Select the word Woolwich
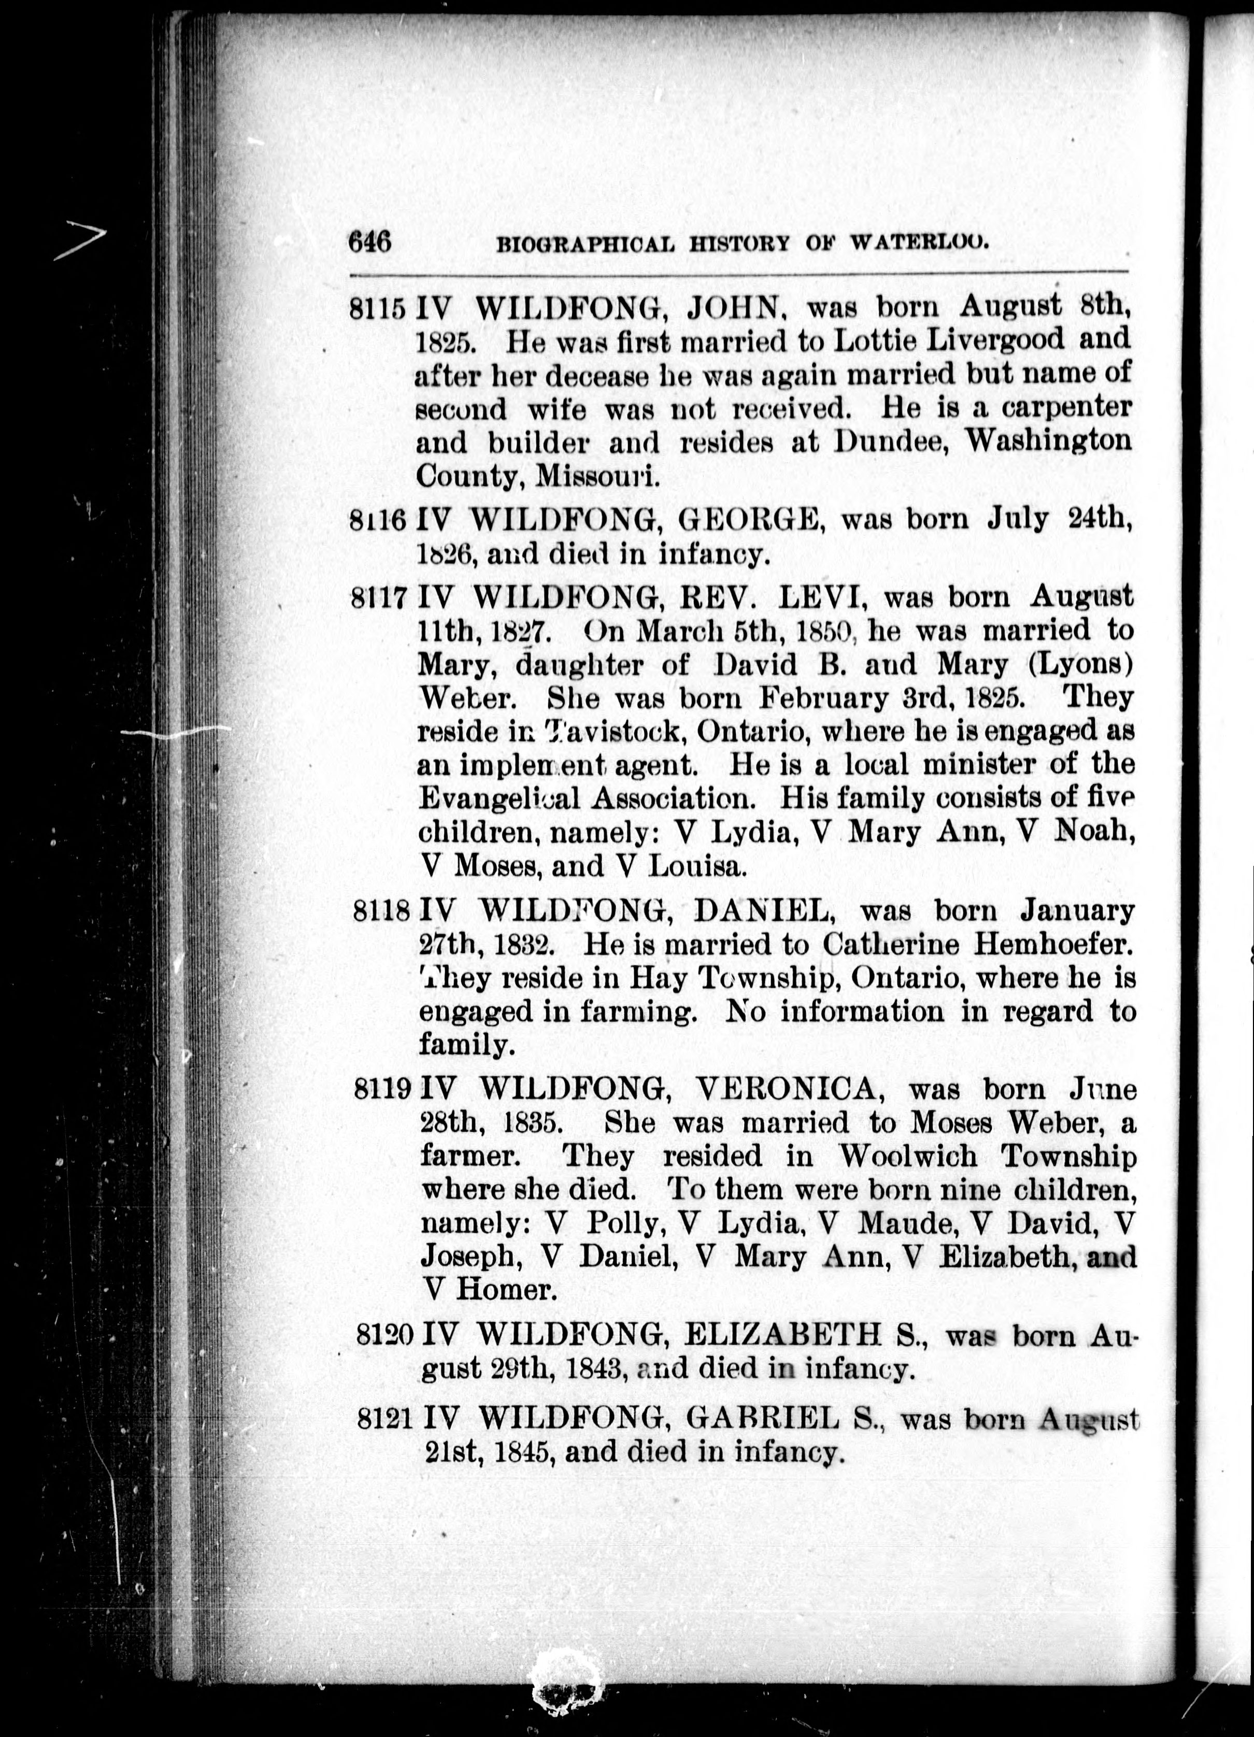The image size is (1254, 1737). point(902,1157)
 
